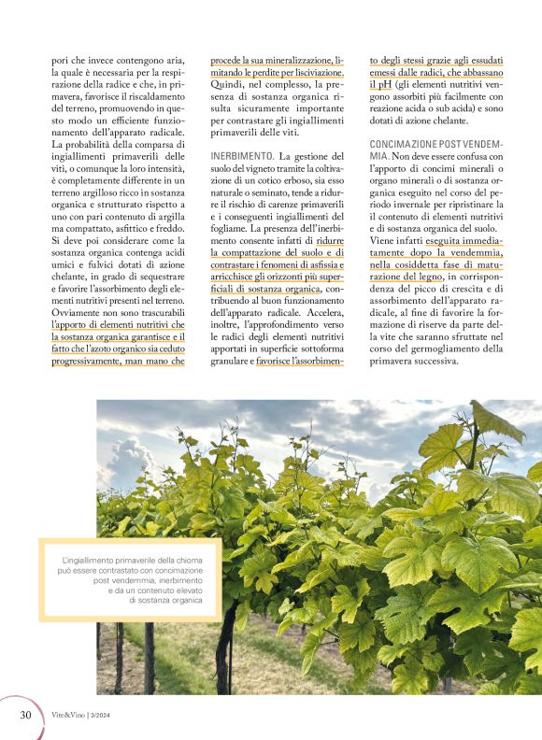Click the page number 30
pyautogui.click(x=26, y=716)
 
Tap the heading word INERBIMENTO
pyautogui.click(x=242, y=155)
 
